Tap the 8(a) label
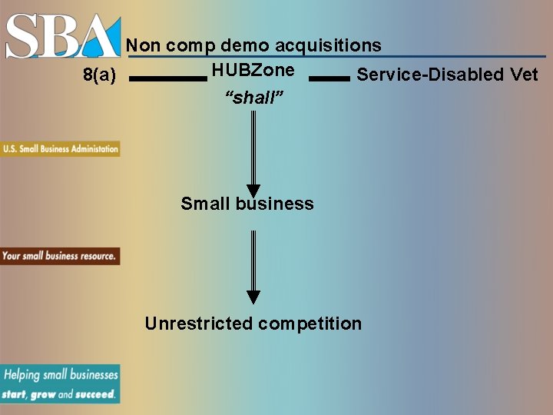click(x=99, y=75)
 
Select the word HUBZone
click(x=253, y=70)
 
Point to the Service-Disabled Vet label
click(x=447, y=75)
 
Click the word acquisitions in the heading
click(x=328, y=45)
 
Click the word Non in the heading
click(x=143, y=45)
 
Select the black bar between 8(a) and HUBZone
click(x=168, y=78)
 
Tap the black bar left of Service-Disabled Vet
click(x=329, y=78)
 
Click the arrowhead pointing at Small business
click(x=253, y=191)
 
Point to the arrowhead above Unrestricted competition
click(x=253, y=297)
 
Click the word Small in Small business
click(x=205, y=204)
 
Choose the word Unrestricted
click(x=198, y=324)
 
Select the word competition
click(x=310, y=324)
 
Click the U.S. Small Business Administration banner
click(x=60, y=149)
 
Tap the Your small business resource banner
click(x=60, y=256)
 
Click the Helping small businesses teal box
click(x=60, y=383)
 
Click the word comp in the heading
click(x=192, y=46)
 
